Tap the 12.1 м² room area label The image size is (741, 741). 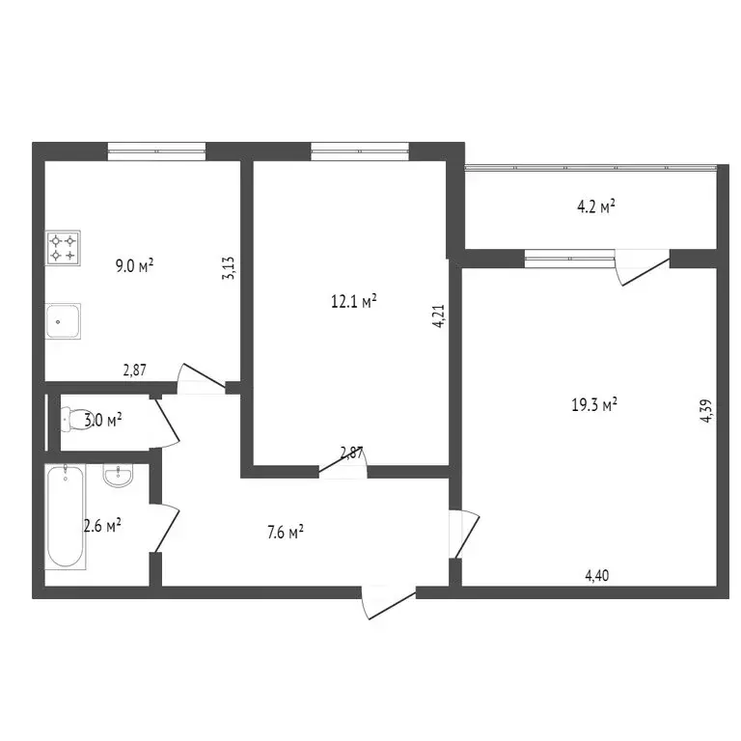[353, 301]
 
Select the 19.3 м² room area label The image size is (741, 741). [594, 405]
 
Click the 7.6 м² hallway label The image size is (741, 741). [284, 531]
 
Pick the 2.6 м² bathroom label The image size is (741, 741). [101, 525]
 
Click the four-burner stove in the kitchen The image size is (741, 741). [64, 248]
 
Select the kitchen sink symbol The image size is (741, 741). [64, 319]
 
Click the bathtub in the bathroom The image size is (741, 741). [65, 516]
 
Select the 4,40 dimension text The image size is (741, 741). [597, 576]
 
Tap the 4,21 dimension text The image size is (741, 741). [439, 317]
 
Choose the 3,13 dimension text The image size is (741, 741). [229, 267]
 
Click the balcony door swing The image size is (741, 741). [642, 267]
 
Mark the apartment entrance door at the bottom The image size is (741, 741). [386, 602]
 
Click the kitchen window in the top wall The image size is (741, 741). [156, 150]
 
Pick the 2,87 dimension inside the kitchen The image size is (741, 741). [134, 369]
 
